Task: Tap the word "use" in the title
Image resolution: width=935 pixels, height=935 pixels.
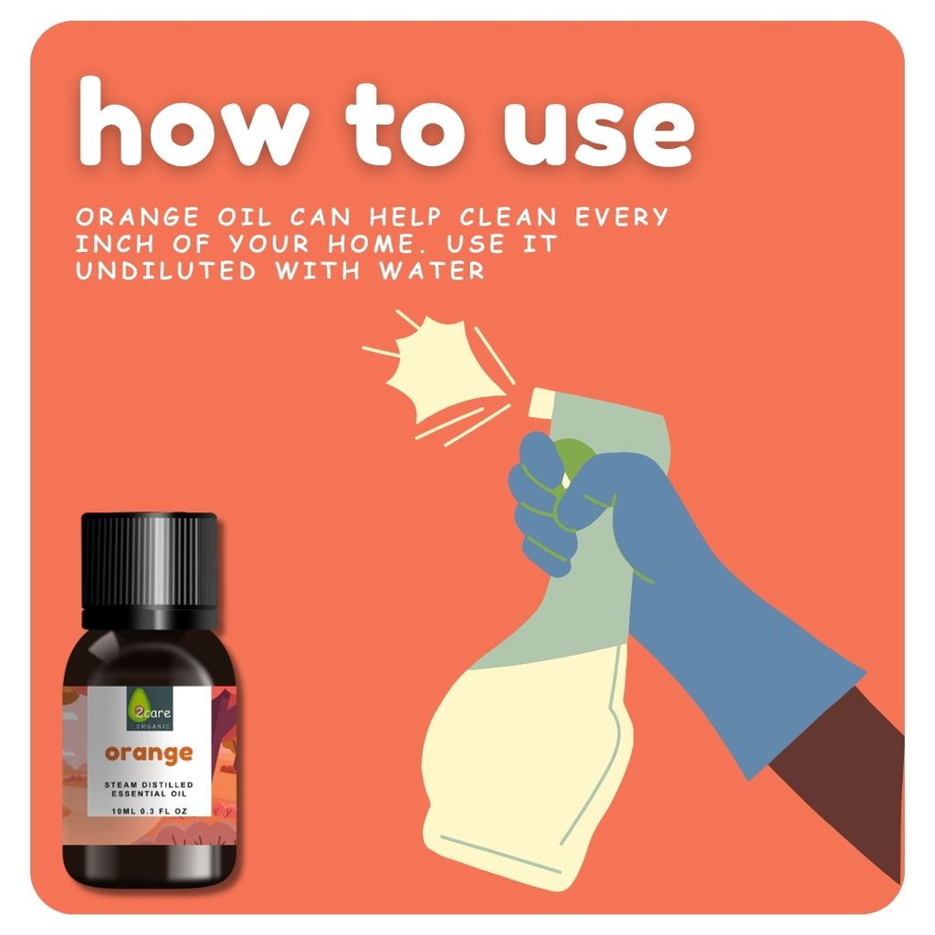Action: pos(598,128)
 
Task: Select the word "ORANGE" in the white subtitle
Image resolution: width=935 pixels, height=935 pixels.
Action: pos(138,218)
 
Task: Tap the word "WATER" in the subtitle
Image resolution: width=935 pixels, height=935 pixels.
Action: pos(437,271)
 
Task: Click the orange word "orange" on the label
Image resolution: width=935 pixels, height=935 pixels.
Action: pos(149,753)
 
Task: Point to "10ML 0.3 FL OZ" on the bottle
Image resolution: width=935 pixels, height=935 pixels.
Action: pos(149,811)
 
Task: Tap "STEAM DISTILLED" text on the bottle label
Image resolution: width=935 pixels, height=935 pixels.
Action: pos(149,784)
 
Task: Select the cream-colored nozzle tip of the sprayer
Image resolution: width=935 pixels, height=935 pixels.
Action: pos(542,398)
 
